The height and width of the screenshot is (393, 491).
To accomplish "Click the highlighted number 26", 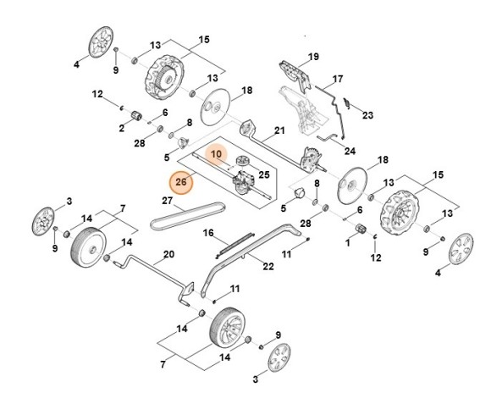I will pyautogui.click(x=179, y=181).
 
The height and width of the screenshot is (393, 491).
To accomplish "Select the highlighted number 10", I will pyautogui.click(x=216, y=155).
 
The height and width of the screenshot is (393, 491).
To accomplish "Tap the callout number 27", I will pyautogui.click(x=167, y=201).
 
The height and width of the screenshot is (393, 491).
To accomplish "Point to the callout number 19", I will pyautogui.click(x=313, y=57).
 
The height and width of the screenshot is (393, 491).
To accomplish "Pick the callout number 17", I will pyautogui.click(x=337, y=80).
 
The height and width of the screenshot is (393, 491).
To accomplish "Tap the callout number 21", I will pyautogui.click(x=279, y=131).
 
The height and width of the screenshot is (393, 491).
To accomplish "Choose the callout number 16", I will pyautogui.click(x=208, y=232).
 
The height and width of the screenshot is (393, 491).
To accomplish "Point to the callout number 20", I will pyautogui.click(x=168, y=255).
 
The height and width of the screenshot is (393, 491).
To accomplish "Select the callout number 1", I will pyautogui.click(x=347, y=242).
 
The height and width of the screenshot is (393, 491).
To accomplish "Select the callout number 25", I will pyautogui.click(x=264, y=174).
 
